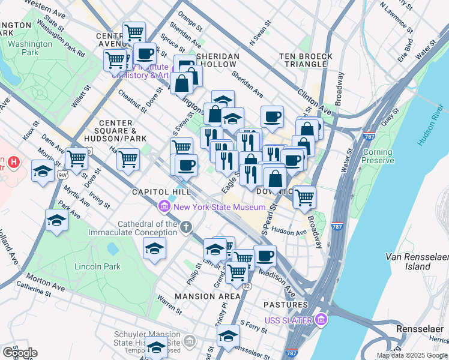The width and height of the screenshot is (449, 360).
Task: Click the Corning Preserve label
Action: pyautogui.click(x=378, y=156)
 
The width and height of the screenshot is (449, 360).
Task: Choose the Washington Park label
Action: pyautogui.click(x=30, y=48)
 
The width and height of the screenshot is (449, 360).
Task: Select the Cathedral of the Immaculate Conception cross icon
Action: pyautogui.click(x=186, y=227)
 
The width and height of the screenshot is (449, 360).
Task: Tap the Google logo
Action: pyautogui.click(x=19, y=353)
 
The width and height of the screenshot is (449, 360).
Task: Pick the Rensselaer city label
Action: pyautogui.click(x=420, y=329)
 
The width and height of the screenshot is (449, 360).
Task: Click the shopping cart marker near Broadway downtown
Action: pyautogui.click(x=305, y=196)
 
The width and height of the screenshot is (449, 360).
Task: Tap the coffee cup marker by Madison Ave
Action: pyautogui.click(x=265, y=256)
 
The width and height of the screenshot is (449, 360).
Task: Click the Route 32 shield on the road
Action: pyautogui.click(x=247, y=286)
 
